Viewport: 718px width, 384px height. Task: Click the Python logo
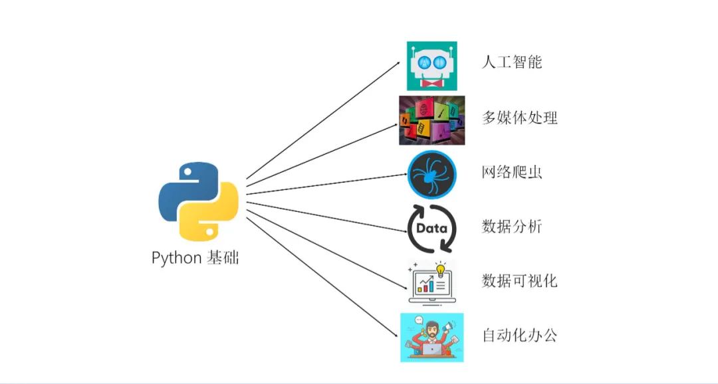tap(198, 200)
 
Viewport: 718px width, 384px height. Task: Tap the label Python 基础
tap(195, 258)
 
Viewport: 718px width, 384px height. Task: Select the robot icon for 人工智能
tap(431, 66)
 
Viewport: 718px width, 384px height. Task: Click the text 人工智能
tap(512, 62)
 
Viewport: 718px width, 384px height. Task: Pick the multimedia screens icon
tap(431, 120)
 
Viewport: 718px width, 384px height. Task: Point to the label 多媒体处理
tap(520, 118)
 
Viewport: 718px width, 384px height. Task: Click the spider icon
tap(431, 175)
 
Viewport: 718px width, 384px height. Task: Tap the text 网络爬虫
tap(512, 172)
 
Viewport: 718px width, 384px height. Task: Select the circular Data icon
tap(431, 229)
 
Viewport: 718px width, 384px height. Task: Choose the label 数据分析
tap(512, 227)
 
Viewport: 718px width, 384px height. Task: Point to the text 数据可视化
tap(520, 280)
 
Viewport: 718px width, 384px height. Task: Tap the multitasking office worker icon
tap(431, 337)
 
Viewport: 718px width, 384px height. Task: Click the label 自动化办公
tap(520, 335)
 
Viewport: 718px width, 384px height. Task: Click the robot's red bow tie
tap(431, 84)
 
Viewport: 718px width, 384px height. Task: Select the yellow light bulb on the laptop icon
tap(440, 269)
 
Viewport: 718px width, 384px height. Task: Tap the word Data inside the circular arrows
tap(431, 229)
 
